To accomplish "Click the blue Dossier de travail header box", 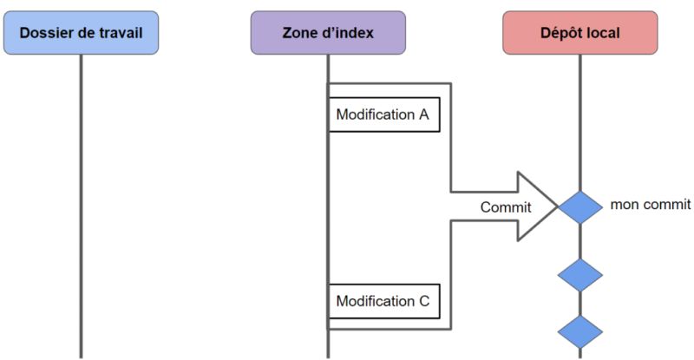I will click(x=80, y=32).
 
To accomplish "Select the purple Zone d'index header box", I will click(x=328, y=32).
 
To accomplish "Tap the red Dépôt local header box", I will click(x=579, y=32).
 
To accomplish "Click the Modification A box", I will click(x=383, y=115).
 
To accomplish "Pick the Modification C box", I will click(x=383, y=302).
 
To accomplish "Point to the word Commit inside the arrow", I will click(x=506, y=206).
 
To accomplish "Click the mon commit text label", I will click(x=651, y=205).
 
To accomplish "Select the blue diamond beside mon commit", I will click(x=579, y=206).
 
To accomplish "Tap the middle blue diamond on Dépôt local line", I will click(x=579, y=275).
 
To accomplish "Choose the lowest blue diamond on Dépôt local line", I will click(x=579, y=331).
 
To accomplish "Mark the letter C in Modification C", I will click(x=423, y=302).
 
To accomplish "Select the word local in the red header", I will click(x=603, y=33).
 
